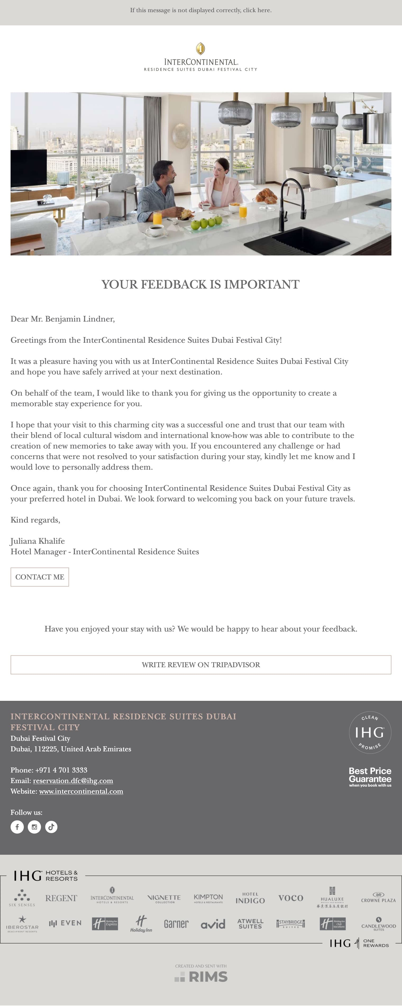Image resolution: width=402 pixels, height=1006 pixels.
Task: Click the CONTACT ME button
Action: [39, 577]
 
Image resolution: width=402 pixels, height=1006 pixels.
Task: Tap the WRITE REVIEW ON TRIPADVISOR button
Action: [201, 665]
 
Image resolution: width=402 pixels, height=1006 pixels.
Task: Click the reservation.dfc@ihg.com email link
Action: [73, 781]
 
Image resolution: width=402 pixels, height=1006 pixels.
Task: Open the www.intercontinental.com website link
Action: [81, 791]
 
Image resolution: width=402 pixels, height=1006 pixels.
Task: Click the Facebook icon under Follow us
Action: [17, 827]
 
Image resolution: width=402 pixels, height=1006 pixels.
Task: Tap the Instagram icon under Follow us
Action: [34, 827]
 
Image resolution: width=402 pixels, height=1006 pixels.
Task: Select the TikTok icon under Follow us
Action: [51, 827]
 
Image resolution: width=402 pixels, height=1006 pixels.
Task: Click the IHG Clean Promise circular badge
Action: [369, 732]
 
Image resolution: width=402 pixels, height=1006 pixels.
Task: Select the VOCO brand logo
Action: [291, 898]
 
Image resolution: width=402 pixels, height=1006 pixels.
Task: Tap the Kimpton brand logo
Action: [208, 898]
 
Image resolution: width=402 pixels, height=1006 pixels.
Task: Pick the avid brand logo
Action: [213, 924]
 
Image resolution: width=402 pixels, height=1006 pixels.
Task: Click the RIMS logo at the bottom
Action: [201, 977]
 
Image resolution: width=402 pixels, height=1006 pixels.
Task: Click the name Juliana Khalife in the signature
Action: [38, 541]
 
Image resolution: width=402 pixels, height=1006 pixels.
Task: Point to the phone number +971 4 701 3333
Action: [61, 770]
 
